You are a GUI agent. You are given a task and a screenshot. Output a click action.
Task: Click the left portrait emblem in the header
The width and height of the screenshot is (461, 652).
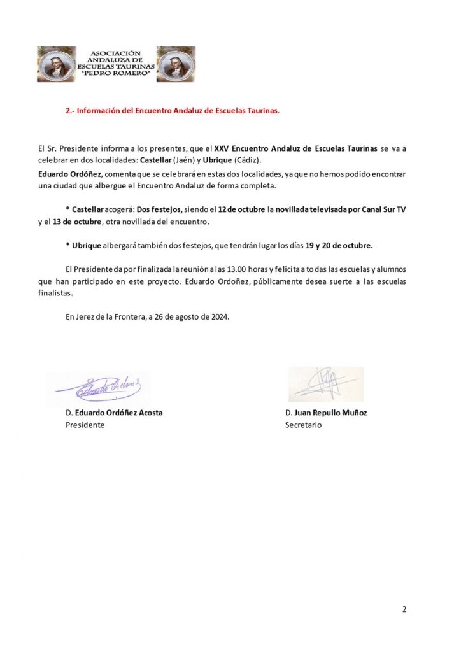[57, 64]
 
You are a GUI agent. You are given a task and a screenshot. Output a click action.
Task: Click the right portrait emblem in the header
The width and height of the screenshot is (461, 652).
[176, 64]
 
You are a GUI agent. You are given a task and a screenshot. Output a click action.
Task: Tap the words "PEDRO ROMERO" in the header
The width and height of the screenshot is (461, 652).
[116, 74]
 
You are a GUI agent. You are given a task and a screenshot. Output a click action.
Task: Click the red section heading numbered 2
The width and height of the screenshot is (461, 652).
[173, 110]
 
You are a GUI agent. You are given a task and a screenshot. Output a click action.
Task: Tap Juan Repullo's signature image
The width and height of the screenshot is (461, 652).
[325, 383]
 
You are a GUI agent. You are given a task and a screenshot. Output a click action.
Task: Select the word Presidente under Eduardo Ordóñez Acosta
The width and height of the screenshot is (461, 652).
[85, 425]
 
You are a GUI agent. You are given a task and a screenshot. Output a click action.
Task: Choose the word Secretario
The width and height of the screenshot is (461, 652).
[303, 425]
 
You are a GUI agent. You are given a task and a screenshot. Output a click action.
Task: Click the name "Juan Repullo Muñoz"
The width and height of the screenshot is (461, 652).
[330, 413]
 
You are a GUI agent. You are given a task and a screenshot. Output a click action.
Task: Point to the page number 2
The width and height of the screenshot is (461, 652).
[404, 609]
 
